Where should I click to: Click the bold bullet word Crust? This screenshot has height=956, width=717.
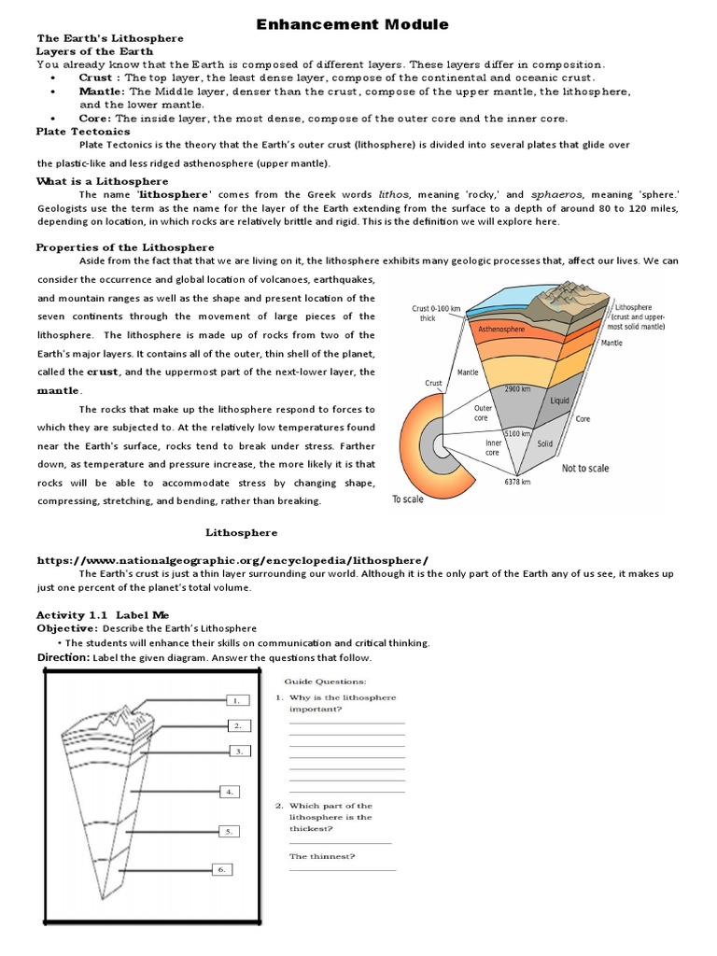tap(97, 78)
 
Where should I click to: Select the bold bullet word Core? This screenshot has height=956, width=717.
tap(95, 119)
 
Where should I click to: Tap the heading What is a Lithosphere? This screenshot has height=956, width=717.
tap(103, 181)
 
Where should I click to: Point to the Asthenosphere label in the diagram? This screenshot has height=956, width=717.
tap(502, 330)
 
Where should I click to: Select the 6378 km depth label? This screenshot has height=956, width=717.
tap(517, 482)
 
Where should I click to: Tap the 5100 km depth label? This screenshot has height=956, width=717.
tap(518, 434)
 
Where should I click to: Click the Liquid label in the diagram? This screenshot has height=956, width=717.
tap(560, 401)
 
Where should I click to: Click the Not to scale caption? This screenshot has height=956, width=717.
tap(585, 469)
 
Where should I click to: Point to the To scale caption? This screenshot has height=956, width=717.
tap(407, 499)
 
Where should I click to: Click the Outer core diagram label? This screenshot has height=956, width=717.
tap(483, 414)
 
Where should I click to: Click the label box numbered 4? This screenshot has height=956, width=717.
tap(229, 792)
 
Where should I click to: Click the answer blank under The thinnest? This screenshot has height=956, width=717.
tap(342, 869)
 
